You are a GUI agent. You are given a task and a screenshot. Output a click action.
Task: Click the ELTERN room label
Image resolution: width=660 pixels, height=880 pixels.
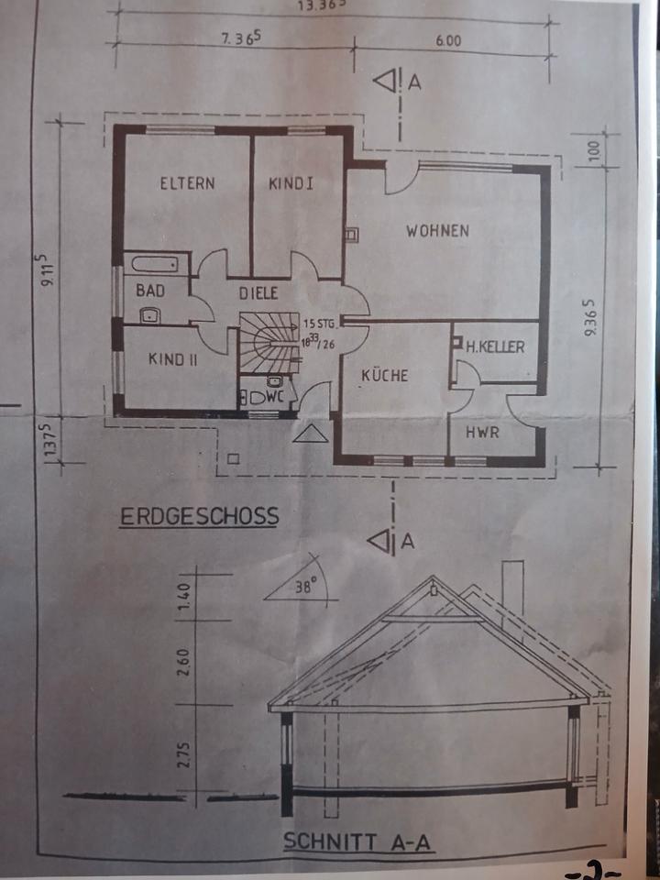point(187,183)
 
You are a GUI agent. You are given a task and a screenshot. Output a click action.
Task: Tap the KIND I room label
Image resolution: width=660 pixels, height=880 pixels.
point(291,183)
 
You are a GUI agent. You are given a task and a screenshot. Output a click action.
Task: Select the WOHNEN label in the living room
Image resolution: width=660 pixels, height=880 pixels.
point(438,231)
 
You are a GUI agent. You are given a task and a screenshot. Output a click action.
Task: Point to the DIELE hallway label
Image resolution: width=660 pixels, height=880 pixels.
point(258,293)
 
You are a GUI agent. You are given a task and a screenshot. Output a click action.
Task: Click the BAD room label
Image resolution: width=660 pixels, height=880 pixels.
point(150,291)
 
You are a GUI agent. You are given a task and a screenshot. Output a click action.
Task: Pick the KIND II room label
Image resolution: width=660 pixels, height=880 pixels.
point(173,359)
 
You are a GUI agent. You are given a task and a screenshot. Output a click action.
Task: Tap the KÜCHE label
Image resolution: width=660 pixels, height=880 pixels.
point(384,375)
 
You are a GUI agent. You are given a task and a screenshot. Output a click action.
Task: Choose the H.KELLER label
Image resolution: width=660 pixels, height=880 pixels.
point(495,347)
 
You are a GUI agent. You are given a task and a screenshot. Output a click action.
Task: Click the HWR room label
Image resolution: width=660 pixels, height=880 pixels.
point(482,433)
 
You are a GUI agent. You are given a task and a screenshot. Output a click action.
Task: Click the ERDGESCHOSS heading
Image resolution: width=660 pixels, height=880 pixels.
point(200,517)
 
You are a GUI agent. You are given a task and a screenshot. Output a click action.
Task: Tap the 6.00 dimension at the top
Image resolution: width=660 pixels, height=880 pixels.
point(448,41)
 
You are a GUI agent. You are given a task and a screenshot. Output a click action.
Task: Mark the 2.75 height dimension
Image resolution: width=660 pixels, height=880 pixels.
point(187,753)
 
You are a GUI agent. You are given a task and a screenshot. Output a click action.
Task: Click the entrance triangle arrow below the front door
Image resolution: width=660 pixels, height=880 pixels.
point(311,434)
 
